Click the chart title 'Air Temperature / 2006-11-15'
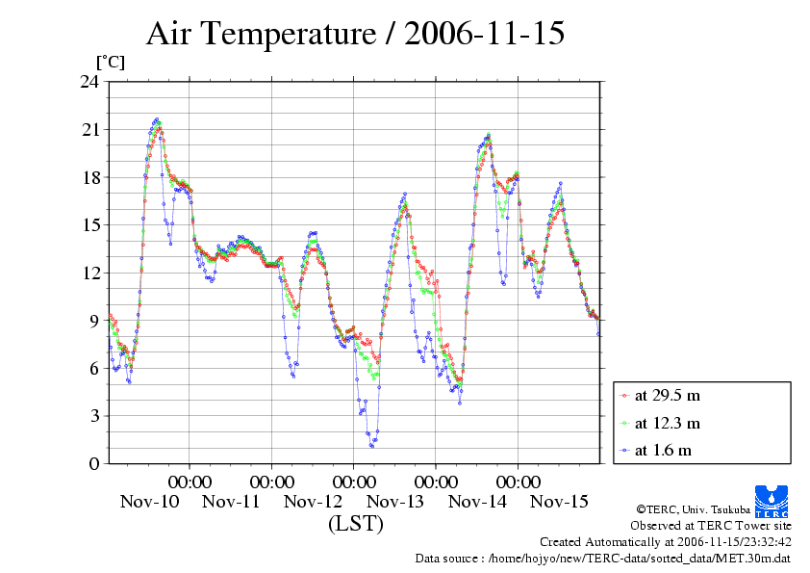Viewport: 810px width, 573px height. (x=355, y=35)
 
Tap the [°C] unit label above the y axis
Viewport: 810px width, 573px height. (x=110, y=63)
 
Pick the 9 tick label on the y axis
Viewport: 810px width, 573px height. (x=94, y=320)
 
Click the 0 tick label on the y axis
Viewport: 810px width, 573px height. (x=94, y=463)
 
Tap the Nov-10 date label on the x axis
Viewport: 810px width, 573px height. (x=149, y=501)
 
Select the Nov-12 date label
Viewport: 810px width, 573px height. (x=314, y=501)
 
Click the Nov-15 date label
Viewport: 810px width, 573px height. (x=560, y=501)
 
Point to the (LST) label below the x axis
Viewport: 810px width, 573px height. (x=355, y=524)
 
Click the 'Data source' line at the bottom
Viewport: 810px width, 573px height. (x=602, y=558)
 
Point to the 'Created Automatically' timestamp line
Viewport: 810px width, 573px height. (x=665, y=541)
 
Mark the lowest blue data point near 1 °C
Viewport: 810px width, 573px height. (x=371, y=446)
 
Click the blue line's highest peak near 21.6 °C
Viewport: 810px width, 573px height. (x=157, y=119)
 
